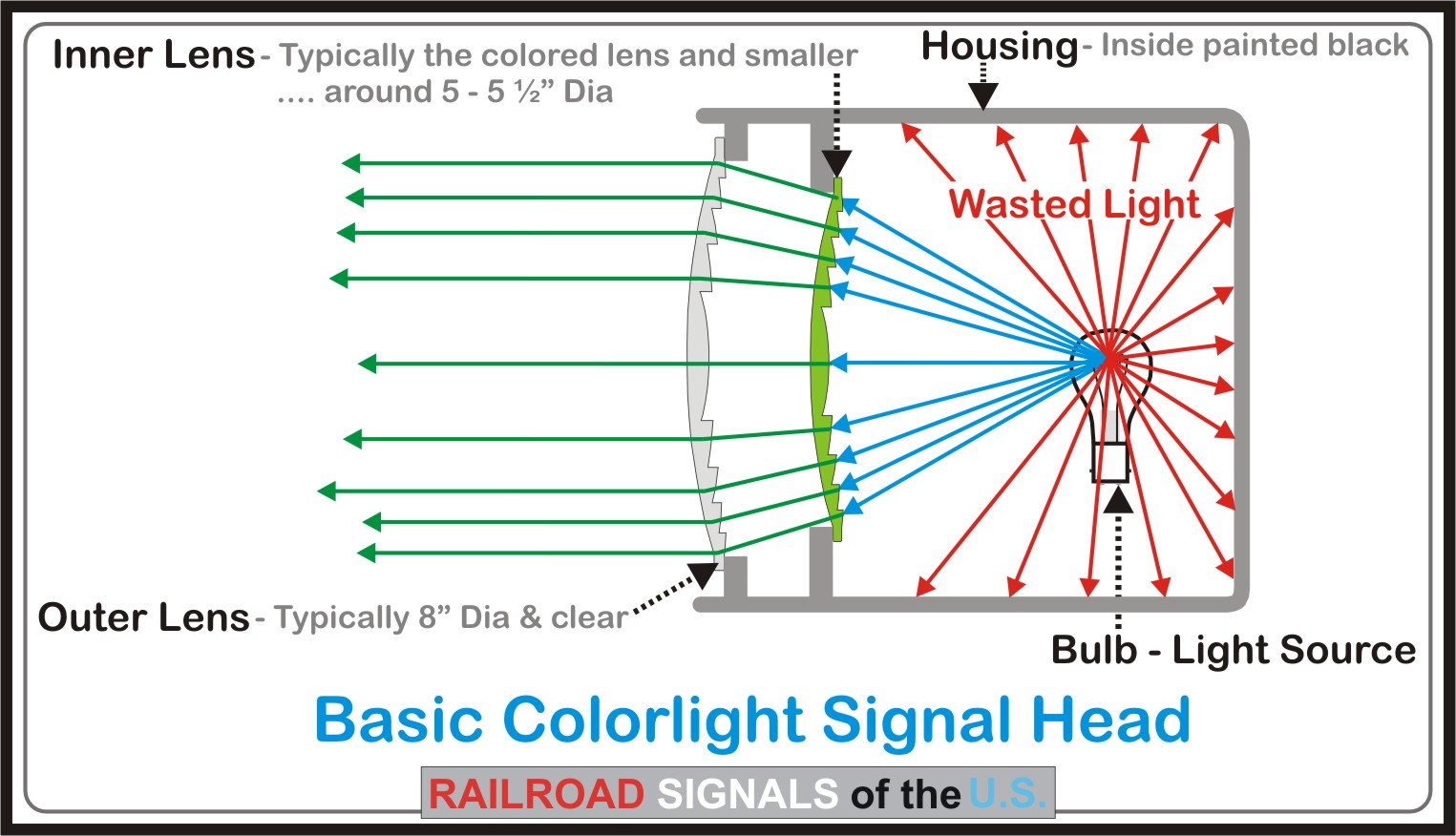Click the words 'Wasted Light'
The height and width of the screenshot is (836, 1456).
[x=1074, y=204]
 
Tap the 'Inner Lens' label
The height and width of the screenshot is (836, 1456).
[x=154, y=55]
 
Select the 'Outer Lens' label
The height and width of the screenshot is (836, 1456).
[x=144, y=617]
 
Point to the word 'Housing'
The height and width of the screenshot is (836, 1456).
[x=999, y=46]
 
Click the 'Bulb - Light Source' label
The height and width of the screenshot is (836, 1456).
[x=1233, y=650]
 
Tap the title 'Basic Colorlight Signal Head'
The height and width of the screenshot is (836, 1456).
[x=752, y=720]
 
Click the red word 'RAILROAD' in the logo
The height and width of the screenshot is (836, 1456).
[x=537, y=794]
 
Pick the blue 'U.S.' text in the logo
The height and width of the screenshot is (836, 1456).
[x=1006, y=794]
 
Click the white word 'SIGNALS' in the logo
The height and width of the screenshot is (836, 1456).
[x=748, y=794]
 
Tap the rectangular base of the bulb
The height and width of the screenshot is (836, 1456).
[x=1111, y=463]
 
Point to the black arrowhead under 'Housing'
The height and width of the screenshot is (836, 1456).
[x=982, y=95]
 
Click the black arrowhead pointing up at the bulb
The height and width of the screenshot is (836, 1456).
[x=1118, y=499]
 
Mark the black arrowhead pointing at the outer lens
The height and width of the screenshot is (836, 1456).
[x=704, y=574]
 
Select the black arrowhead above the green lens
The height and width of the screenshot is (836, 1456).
[x=836, y=163]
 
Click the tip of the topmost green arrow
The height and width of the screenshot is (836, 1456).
[x=344, y=163]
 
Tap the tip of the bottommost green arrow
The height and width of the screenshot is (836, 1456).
[x=359, y=553]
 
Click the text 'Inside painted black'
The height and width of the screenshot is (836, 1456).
[x=1255, y=45]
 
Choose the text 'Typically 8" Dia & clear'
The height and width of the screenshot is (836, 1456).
[x=451, y=618]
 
